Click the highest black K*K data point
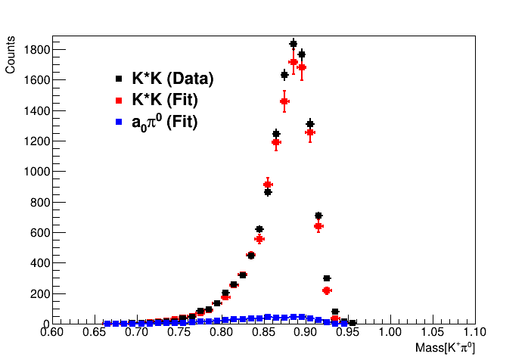294,44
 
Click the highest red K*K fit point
294,62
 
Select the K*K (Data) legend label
172,79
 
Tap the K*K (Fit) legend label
168,100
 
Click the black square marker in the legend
118,79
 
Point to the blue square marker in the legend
118,121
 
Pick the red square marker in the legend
118,100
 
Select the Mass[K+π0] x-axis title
445,348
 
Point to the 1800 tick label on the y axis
36,50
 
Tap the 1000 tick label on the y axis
36,172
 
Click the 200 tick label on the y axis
38,293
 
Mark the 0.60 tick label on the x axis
51,332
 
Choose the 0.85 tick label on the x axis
263,332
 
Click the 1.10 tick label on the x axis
474,332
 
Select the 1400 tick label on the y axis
36,111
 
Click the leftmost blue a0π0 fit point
107,323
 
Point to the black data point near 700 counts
318,216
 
